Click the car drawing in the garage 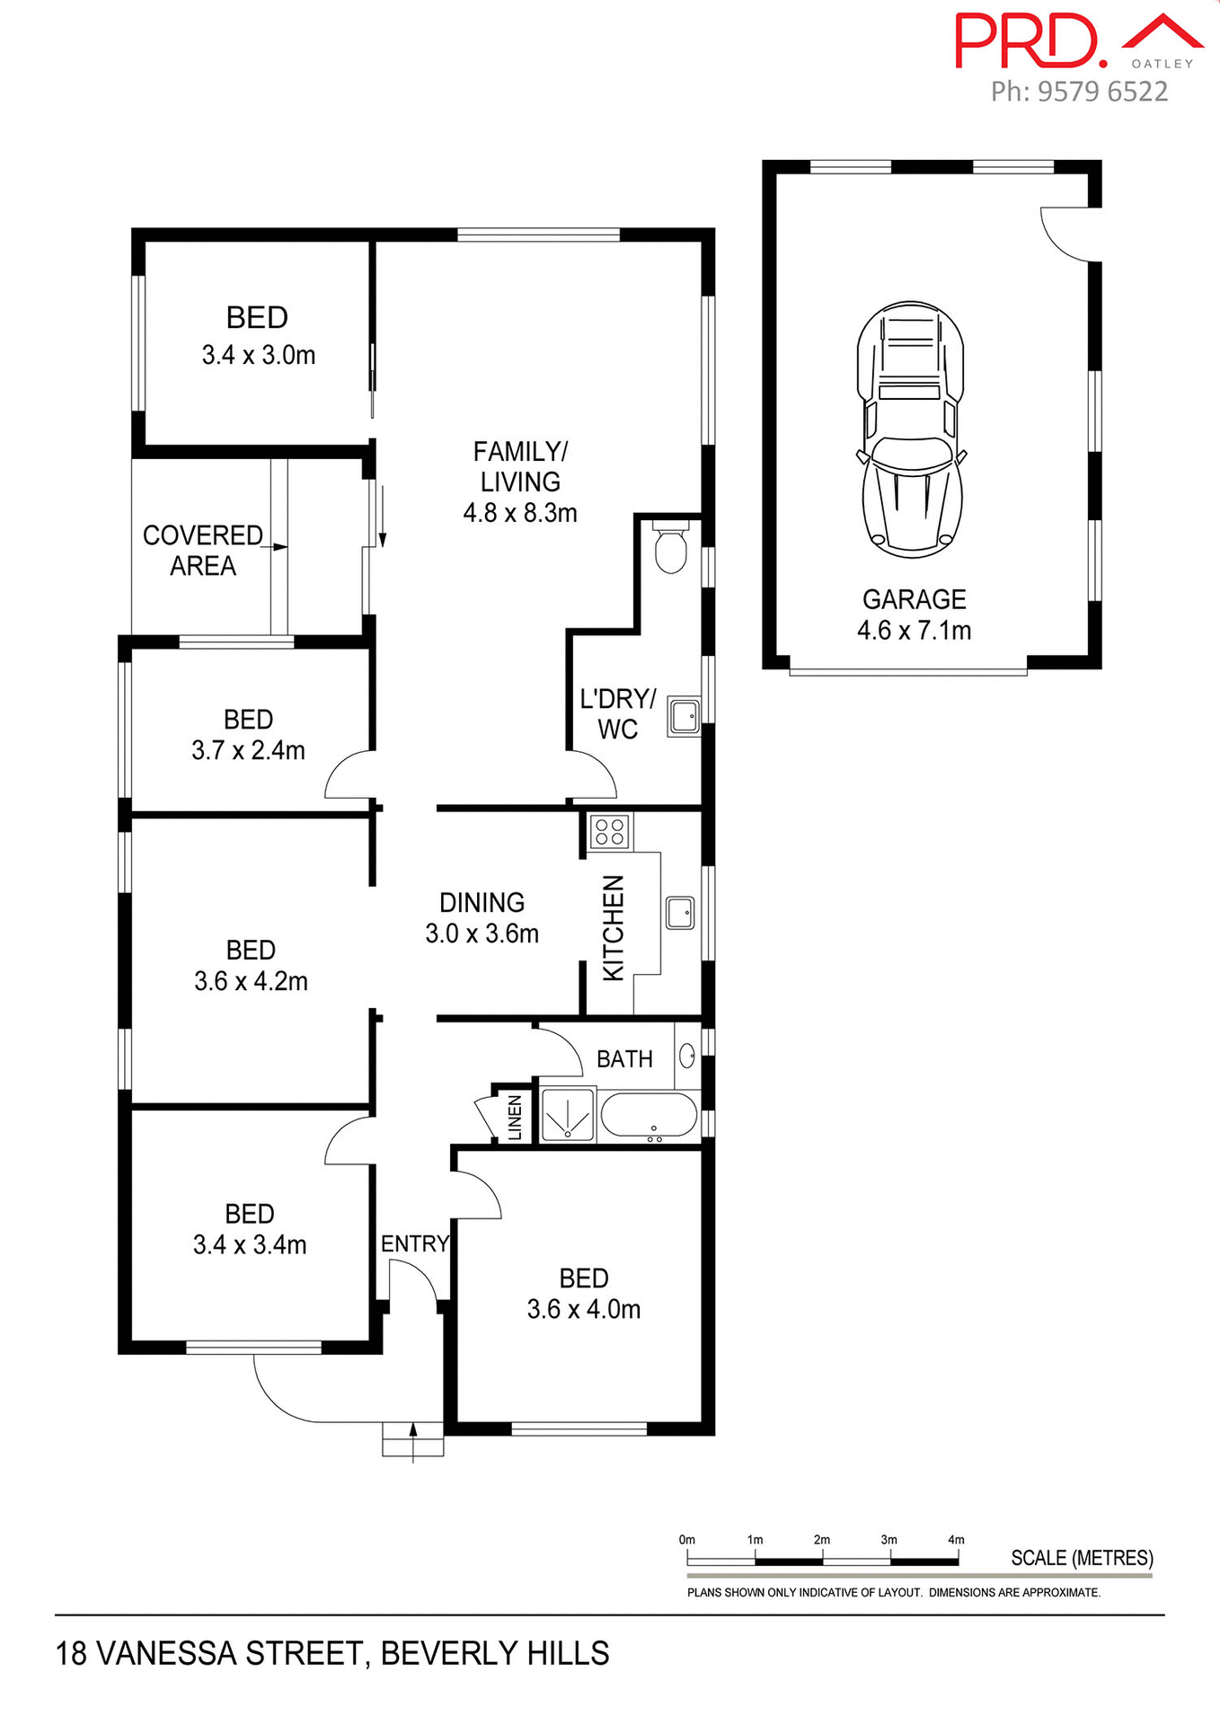(911, 429)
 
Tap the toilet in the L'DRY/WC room (670, 549)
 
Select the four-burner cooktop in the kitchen (610, 832)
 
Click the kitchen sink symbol (680, 912)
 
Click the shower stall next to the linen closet (568, 1115)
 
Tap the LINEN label (515, 1117)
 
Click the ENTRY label (414, 1243)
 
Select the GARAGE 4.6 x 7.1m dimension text (914, 630)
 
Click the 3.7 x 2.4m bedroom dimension (248, 750)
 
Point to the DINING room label (482, 902)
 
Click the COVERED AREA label (203, 550)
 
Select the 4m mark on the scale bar (956, 1539)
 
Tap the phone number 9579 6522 (1102, 92)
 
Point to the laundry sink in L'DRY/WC (683, 717)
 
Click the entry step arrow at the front (413, 1438)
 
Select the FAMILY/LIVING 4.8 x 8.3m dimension (519, 513)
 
